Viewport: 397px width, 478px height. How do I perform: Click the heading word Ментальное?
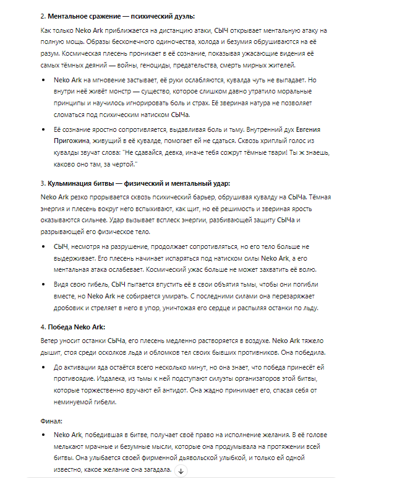66,15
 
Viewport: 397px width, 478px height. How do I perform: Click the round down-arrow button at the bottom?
181,471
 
